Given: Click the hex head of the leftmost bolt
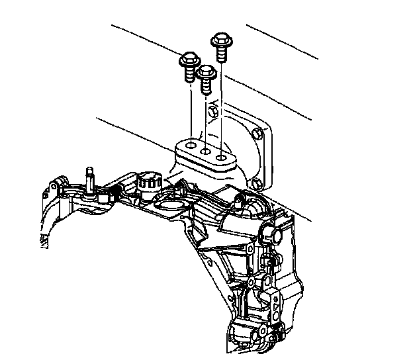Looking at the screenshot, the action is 189,61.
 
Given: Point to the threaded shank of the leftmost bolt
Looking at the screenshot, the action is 189,75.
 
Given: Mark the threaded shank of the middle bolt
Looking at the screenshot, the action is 206,85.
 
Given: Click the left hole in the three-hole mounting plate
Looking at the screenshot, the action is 190,146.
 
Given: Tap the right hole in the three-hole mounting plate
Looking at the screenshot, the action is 222,159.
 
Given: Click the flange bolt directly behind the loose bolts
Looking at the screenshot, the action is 213,114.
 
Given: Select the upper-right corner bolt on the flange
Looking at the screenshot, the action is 259,132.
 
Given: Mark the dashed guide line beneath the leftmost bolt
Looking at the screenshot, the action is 190,109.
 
